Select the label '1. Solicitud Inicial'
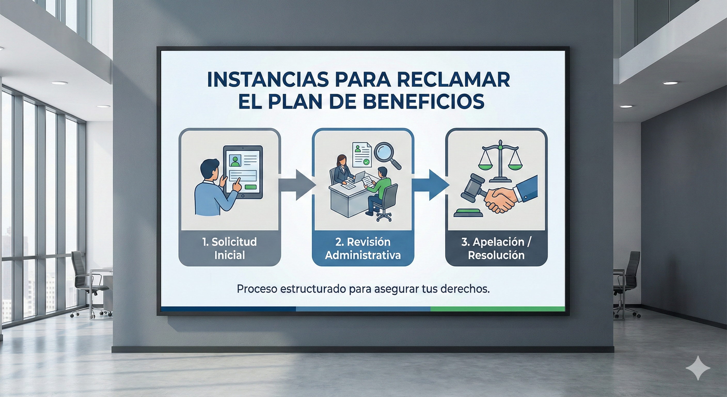click(230, 248)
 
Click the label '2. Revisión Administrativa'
click(363, 248)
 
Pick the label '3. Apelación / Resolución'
click(496, 248)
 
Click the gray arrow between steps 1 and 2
click(298, 185)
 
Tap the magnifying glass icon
click(387, 155)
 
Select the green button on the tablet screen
click(251, 187)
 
